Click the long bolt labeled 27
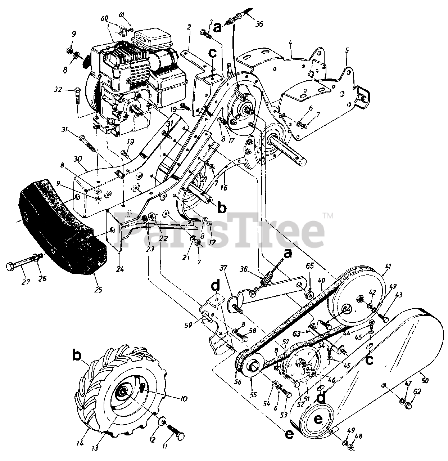tap(22, 267)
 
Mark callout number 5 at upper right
tap(347, 50)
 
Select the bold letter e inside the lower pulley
tap(318, 420)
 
